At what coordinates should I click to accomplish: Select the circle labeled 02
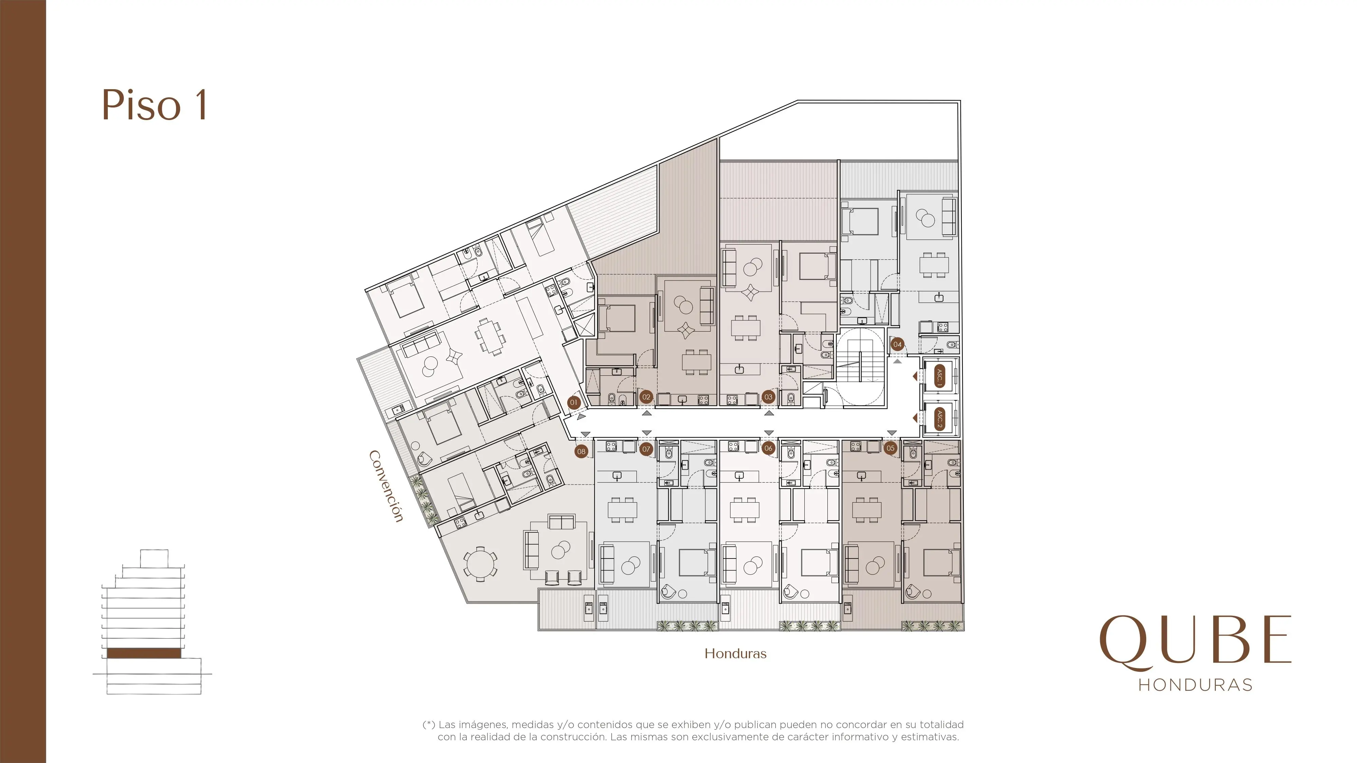pyautogui.click(x=646, y=397)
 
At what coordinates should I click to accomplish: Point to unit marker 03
pyautogui.click(x=769, y=397)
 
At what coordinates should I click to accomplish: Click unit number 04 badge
pyautogui.click(x=897, y=345)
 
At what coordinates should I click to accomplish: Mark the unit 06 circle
pyautogui.click(x=769, y=448)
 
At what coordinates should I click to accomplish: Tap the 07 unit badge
pyautogui.click(x=646, y=449)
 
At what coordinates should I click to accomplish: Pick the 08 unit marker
pyautogui.click(x=581, y=451)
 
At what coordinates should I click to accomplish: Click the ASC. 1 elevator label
pyautogui.click(x=939, y=376)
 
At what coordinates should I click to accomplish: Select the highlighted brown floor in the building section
pyautogui.click(x=144, y=653)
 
